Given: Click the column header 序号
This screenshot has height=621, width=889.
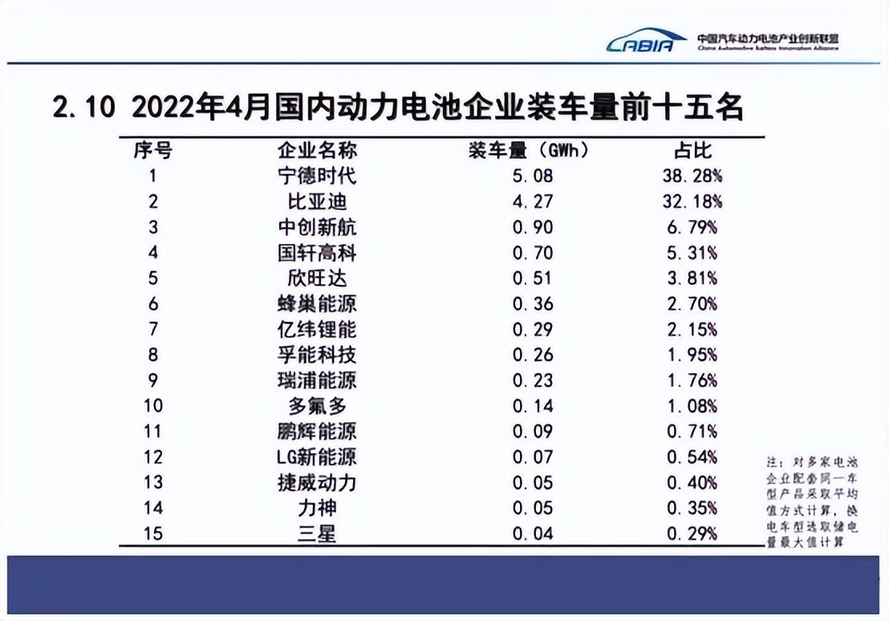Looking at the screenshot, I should point(152,150).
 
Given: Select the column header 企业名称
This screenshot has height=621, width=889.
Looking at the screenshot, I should point(317,150).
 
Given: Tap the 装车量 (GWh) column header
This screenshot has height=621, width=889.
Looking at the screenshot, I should point(529,150).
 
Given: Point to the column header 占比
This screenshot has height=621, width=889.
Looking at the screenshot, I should point(692,150).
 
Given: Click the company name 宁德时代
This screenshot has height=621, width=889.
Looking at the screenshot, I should point(317,176).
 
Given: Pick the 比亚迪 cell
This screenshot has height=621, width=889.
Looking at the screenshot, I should point(317,201).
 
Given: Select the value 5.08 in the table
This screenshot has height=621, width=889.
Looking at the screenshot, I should point(533,176).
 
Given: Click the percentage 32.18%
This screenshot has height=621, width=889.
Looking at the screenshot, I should point(692,201).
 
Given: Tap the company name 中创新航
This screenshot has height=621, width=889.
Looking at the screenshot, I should point(317,227).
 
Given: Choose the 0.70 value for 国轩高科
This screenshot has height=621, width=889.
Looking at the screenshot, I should point(533,253).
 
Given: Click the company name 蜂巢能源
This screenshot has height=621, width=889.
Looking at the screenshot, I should point(317,304).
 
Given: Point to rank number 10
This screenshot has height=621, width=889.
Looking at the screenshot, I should point(152,406).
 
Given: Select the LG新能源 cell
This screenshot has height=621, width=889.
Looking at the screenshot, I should point(317,457).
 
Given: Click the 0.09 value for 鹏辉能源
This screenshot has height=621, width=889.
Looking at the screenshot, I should point(533,432).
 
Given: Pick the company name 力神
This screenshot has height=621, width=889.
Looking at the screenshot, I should point(317,508).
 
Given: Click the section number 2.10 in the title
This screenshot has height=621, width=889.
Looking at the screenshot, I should point(84,108).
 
